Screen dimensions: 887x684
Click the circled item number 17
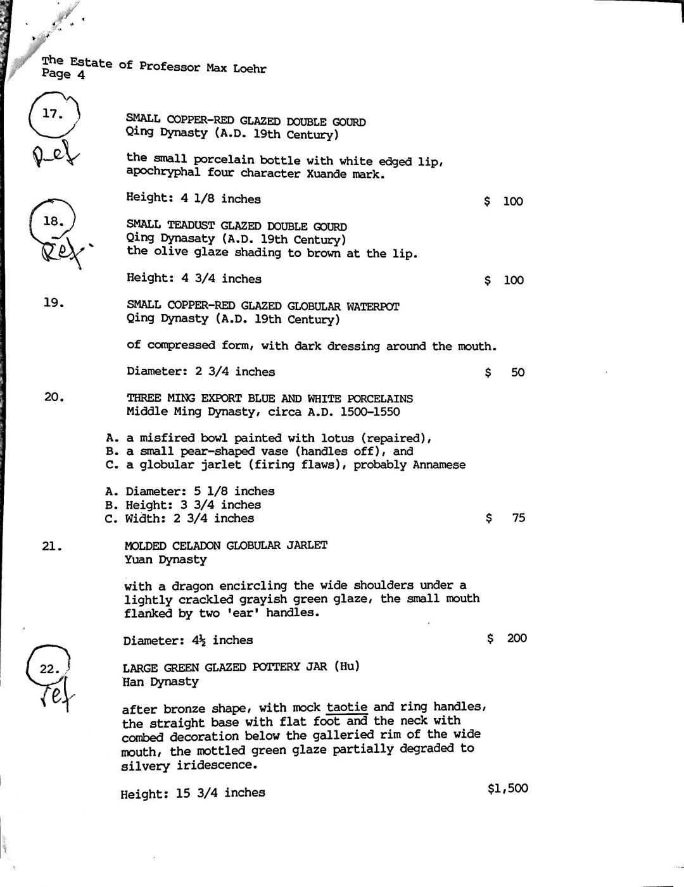tap(53, 114)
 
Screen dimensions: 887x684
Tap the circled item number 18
tap(54, 221)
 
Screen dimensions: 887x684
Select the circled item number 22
tap(49, 669)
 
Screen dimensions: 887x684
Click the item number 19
tap(54, 302)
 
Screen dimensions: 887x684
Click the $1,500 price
tap(508, 788)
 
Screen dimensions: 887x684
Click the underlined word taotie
tap(347, 707)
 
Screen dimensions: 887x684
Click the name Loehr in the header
tap(250, 68)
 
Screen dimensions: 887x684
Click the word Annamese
tap(439, 465)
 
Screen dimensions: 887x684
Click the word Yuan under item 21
tap(139, 560)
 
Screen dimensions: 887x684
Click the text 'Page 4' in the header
tap(63, 74)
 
